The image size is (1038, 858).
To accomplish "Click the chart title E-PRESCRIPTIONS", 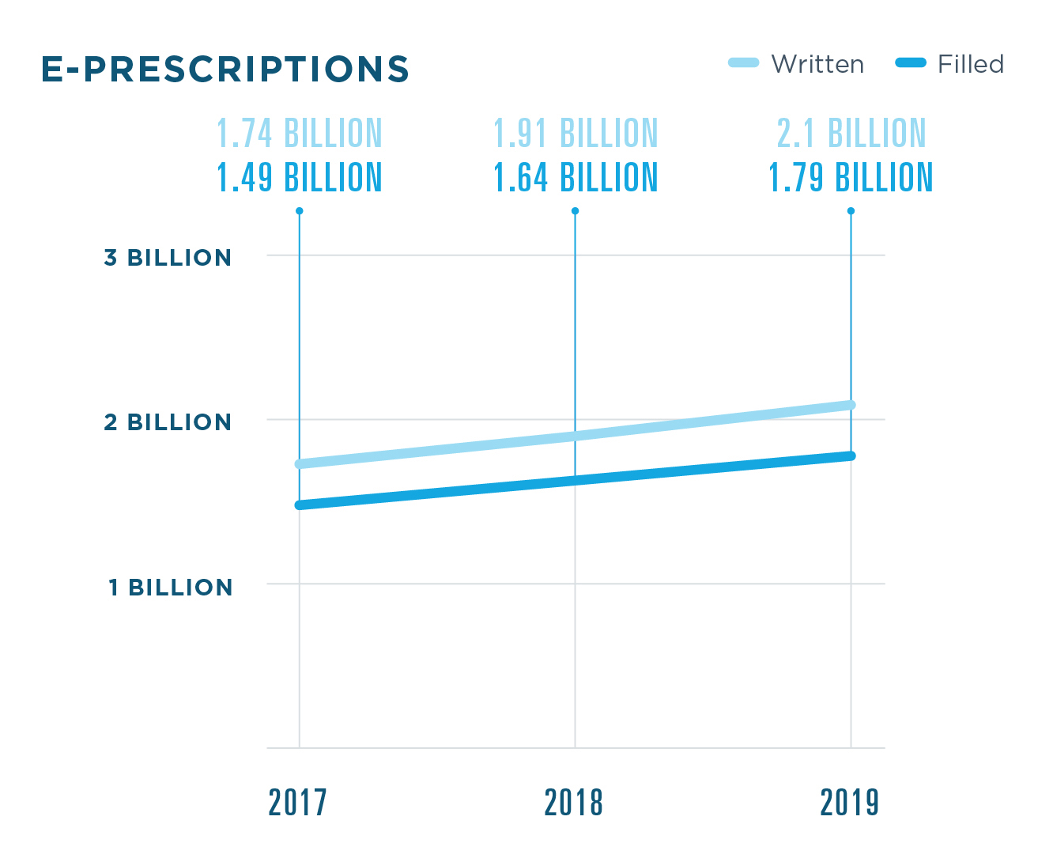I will tap(225, 70).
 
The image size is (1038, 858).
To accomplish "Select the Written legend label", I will tap(817, 64).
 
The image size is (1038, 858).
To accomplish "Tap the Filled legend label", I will tap(970, 64).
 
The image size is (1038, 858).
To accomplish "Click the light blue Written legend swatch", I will tap(743, 62).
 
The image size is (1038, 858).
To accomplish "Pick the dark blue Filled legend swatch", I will tap(910, 62).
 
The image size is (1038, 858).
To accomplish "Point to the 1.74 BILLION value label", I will tap(300, 134).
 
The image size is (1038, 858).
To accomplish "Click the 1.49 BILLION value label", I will tap(300, 178).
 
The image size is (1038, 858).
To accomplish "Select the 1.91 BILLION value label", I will tap(576, 134).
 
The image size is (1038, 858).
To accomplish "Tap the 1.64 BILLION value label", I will tap(576, 178).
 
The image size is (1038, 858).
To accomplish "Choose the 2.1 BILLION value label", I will tap(851, 134).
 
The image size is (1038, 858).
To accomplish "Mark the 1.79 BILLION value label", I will tap(851, 178).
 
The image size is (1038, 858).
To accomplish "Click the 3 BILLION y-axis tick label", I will tap(168, 258).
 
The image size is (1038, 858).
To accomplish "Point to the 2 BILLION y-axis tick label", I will tap(168, 422).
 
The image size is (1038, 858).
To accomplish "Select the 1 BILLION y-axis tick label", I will tap(170, 588).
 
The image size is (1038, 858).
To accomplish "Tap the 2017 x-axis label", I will tap(298, 803).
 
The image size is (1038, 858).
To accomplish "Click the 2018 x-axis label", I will tap(574, 803).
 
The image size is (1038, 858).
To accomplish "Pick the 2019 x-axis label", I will tap(850, 803).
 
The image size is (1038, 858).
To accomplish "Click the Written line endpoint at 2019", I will tap(851, 405).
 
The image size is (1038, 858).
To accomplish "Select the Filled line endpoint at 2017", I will tap(300, 505).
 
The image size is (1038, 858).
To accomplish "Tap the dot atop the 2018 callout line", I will tap(576, 211).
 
